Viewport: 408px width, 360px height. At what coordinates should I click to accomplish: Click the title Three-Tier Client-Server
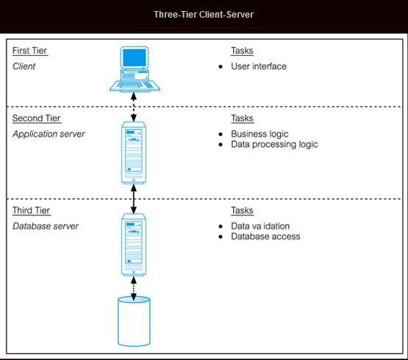[x=204, y=14]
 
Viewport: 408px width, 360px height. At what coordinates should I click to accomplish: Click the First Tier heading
[x=30, y=51]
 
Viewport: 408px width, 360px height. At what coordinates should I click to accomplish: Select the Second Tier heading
[x=37, y=118]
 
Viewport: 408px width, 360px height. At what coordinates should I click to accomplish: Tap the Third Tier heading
[x=32, y=211]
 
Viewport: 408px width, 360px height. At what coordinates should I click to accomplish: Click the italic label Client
[x=24, y=66]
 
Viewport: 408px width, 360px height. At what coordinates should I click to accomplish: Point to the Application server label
[x=49, y=134]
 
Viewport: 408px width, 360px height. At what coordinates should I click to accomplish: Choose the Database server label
[x=46, y=226]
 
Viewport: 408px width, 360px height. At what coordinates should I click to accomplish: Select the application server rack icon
[x=134, y=153]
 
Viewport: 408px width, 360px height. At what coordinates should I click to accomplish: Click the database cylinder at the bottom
[x=134, y=321]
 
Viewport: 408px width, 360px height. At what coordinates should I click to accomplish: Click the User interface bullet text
[x=259, y=67]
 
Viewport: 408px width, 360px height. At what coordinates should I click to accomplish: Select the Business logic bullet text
[x=260, y=134]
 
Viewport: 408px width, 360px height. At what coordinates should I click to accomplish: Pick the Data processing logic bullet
[x=274, y=145]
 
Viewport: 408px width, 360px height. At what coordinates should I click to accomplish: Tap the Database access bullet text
[x=265, y=237]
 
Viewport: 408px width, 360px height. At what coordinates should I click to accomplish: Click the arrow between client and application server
[x=134, y=107]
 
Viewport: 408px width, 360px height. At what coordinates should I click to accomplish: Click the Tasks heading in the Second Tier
[x=243, y=118]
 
